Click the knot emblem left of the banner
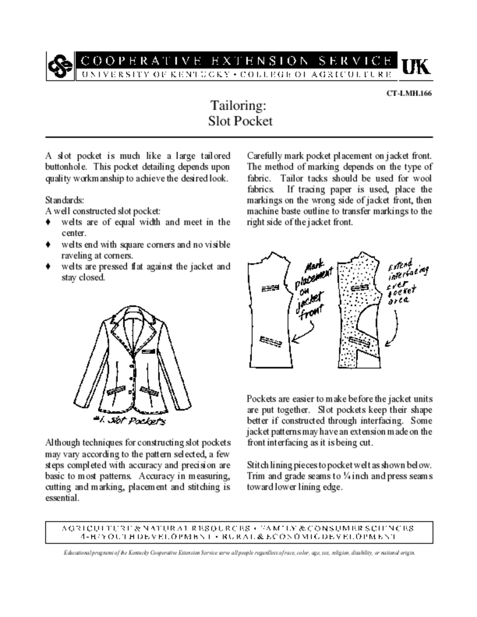pos(58,66)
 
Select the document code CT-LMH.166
pos(409,93)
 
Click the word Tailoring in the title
pos(238,106)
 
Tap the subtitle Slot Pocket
pos(238,121)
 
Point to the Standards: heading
pos(64,199)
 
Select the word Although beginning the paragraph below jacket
pos(66,443)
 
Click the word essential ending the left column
pos(63,498)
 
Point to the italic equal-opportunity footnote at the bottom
pos(238,553)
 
